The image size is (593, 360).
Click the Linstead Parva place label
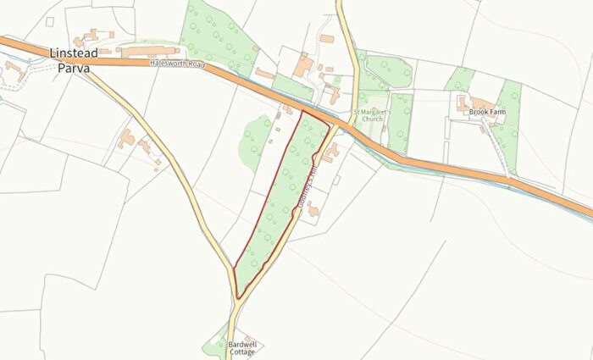72,61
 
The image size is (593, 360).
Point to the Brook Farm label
487,111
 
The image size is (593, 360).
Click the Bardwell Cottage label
245,349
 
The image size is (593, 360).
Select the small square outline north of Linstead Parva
50,20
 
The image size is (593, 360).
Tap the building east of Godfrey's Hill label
313,208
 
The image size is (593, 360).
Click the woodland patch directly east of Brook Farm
509,119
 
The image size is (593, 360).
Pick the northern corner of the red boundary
302,109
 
